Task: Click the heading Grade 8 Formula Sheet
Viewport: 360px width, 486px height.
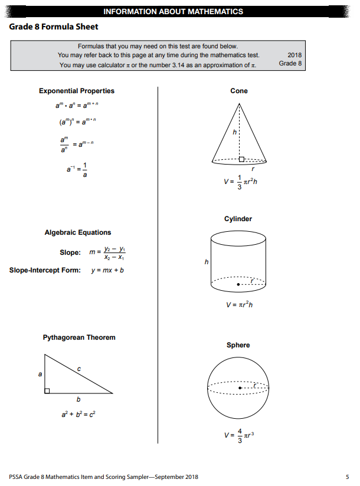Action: (53, 27)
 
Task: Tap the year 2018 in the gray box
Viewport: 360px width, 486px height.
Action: (294, 55)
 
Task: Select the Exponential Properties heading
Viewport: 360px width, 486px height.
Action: (77, 91)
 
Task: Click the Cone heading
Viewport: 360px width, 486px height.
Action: (239, 91)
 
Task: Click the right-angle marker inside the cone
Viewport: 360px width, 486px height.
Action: (241, 159)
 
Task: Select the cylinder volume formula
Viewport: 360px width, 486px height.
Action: (240, 305)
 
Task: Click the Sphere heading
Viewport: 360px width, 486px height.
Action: (238, 345)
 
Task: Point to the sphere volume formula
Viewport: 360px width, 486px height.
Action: (240, 437)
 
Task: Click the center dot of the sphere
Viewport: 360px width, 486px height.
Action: (240, 388)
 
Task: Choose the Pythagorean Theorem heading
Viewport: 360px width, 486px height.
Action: (79, 337)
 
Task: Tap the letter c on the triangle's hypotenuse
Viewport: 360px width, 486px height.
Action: (79, 369)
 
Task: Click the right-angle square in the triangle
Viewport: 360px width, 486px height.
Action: (47, 390)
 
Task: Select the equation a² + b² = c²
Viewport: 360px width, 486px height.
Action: (78, 414)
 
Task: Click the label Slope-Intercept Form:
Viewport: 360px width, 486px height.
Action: (45, 271)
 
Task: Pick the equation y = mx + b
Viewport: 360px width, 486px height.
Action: (107, 271)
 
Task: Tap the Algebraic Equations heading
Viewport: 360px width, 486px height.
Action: (78, 232)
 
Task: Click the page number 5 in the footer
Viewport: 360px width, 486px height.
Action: (347, 477)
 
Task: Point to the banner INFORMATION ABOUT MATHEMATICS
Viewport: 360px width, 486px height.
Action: (173, 11)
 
